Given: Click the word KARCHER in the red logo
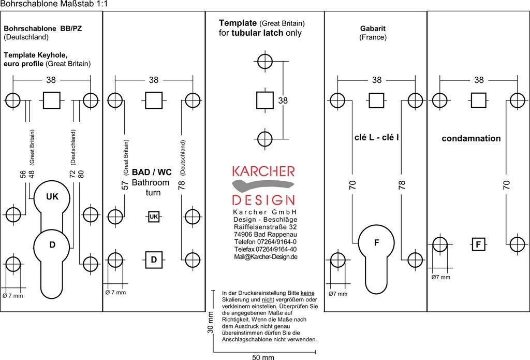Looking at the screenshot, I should [263, 171].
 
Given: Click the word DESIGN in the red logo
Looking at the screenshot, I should [263, 200].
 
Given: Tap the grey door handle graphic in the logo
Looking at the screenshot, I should [261, 185].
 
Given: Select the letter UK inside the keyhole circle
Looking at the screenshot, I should [52, 197].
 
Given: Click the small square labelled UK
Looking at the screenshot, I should [154, 217].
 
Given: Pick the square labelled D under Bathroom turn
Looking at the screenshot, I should [154, 260].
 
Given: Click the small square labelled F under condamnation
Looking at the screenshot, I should [478, 244].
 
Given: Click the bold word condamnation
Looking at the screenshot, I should [471, 139].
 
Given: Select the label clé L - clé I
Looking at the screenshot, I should [376, 138].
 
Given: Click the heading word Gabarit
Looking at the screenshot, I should [373, 28].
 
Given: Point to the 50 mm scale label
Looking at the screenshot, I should [263, 357].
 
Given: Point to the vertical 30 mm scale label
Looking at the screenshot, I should [211, 324].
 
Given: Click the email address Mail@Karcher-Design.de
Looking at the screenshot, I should [265, 257].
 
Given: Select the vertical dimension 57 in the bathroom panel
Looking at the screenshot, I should [125, 185].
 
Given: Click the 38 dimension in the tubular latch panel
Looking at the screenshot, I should [283, 100].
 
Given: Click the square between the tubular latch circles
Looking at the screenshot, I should [265, 100].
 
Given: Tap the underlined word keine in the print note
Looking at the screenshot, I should [307, 293].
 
